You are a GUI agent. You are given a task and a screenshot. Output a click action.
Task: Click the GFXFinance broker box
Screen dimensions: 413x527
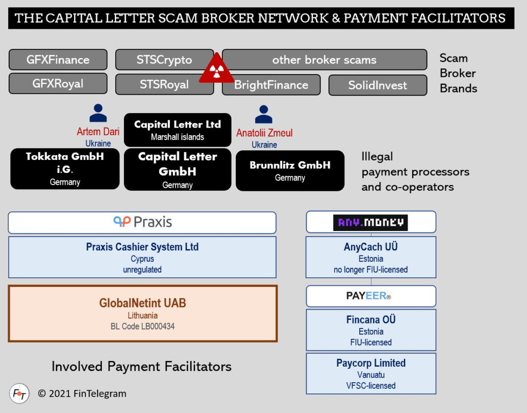click(x=58, y=60)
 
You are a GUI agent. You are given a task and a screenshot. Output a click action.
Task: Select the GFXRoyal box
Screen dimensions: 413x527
click(x=58, y=84)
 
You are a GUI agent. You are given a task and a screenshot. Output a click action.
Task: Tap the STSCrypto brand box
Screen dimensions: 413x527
click(x=164, y=60)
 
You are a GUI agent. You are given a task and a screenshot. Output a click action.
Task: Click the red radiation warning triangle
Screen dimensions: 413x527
click(x=217, y=69)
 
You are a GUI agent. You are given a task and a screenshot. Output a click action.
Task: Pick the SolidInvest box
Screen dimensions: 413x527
click(x=377, y=85)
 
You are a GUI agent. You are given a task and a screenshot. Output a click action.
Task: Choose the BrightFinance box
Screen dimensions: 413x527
click(x=271, y=85)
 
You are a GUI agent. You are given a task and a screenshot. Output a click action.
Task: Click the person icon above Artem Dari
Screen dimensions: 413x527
click(x=98, y=113)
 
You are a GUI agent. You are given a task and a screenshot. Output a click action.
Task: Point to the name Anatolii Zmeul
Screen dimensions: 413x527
click(x=264, y=133)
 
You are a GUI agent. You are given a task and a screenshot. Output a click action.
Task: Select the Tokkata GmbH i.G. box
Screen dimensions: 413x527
click(x=65, y=168)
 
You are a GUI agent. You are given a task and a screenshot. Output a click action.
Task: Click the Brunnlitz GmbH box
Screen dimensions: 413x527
click(x=290, y=170)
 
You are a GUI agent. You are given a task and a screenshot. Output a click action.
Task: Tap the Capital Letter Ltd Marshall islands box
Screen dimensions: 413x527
click(x=178, y=130)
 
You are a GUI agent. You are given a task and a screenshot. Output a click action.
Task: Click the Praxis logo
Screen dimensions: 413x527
click(x=143, y=222)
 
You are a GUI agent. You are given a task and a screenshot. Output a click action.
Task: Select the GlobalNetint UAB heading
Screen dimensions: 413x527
click(x=143, y=303)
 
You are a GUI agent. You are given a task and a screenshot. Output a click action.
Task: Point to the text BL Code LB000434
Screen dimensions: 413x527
click(x=143, y=326)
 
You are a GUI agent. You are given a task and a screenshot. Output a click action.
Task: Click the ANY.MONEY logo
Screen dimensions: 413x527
click(x=370, y=222)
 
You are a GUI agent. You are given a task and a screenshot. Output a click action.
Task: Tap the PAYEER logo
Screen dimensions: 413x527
click(x=371, y=296)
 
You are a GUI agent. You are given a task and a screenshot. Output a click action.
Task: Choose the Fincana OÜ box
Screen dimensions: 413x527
click(x=371, y=330)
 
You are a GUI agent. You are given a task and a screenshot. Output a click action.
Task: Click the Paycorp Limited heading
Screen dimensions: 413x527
click(x=371, y=363)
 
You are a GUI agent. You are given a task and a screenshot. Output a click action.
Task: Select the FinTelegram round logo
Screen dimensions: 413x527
click(x=19, y=393)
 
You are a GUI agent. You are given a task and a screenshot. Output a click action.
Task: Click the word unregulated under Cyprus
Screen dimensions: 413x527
click(x=142, y=270)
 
